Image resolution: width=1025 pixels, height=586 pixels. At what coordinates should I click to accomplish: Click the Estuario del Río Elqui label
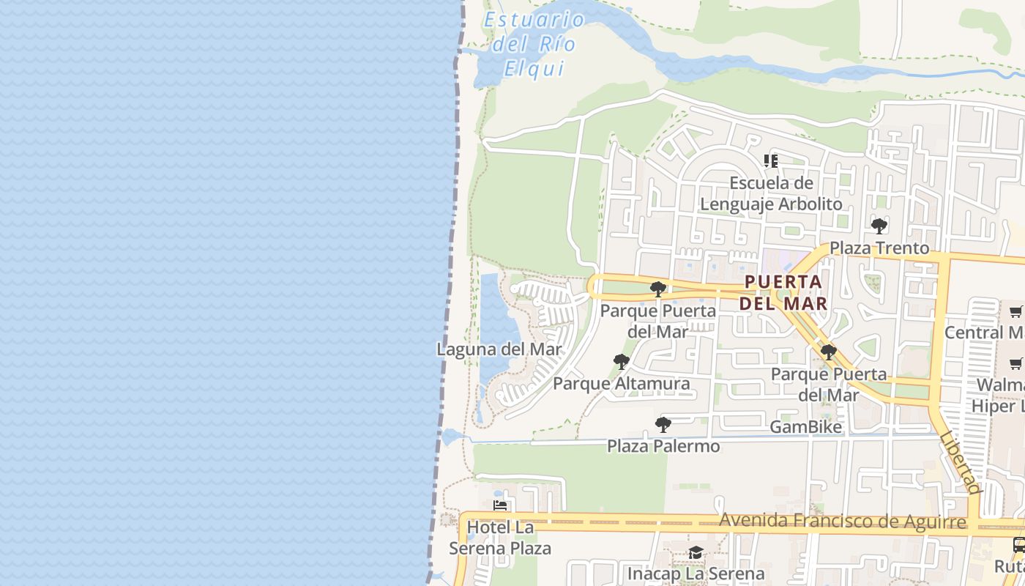(534, 44)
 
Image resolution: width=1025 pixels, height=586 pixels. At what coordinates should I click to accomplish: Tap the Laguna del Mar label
(499, 349)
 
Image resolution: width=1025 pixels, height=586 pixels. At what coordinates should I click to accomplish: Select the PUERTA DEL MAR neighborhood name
(783, 292)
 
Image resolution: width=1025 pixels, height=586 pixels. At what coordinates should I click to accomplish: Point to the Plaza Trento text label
(879, 248)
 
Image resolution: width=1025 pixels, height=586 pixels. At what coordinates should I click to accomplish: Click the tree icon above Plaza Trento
(879, 226)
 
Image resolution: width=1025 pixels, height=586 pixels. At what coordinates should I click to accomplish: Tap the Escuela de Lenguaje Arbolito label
(771, 193)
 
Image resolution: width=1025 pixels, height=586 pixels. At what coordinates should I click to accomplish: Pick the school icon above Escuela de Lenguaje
(770, 160)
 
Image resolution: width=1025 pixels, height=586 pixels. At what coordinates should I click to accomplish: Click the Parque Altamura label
(621, 383)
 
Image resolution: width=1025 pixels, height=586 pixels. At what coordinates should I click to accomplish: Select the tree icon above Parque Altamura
(622, 361)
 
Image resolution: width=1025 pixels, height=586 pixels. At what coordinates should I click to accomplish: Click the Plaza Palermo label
(663, 445)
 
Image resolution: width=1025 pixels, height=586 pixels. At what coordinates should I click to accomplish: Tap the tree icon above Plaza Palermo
(663, 424)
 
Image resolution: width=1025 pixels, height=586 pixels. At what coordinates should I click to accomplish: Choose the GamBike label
(806, 426)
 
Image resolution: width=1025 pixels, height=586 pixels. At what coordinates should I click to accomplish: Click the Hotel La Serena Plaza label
(500, 538)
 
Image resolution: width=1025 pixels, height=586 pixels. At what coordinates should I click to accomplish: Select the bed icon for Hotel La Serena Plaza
(500, 505)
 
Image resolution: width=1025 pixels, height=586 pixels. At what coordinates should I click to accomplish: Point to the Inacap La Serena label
(696, 574)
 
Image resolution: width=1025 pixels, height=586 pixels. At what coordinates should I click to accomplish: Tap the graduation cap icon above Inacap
(696, 552)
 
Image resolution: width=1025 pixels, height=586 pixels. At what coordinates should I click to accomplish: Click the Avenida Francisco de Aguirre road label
(843, 522)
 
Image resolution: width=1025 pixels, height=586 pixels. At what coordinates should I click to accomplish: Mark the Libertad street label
(961, 462)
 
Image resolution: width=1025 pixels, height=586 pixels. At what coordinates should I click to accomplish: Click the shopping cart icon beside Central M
(1015, 312)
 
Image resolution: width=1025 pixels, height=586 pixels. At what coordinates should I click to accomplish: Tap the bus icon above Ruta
(1018, 544)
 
